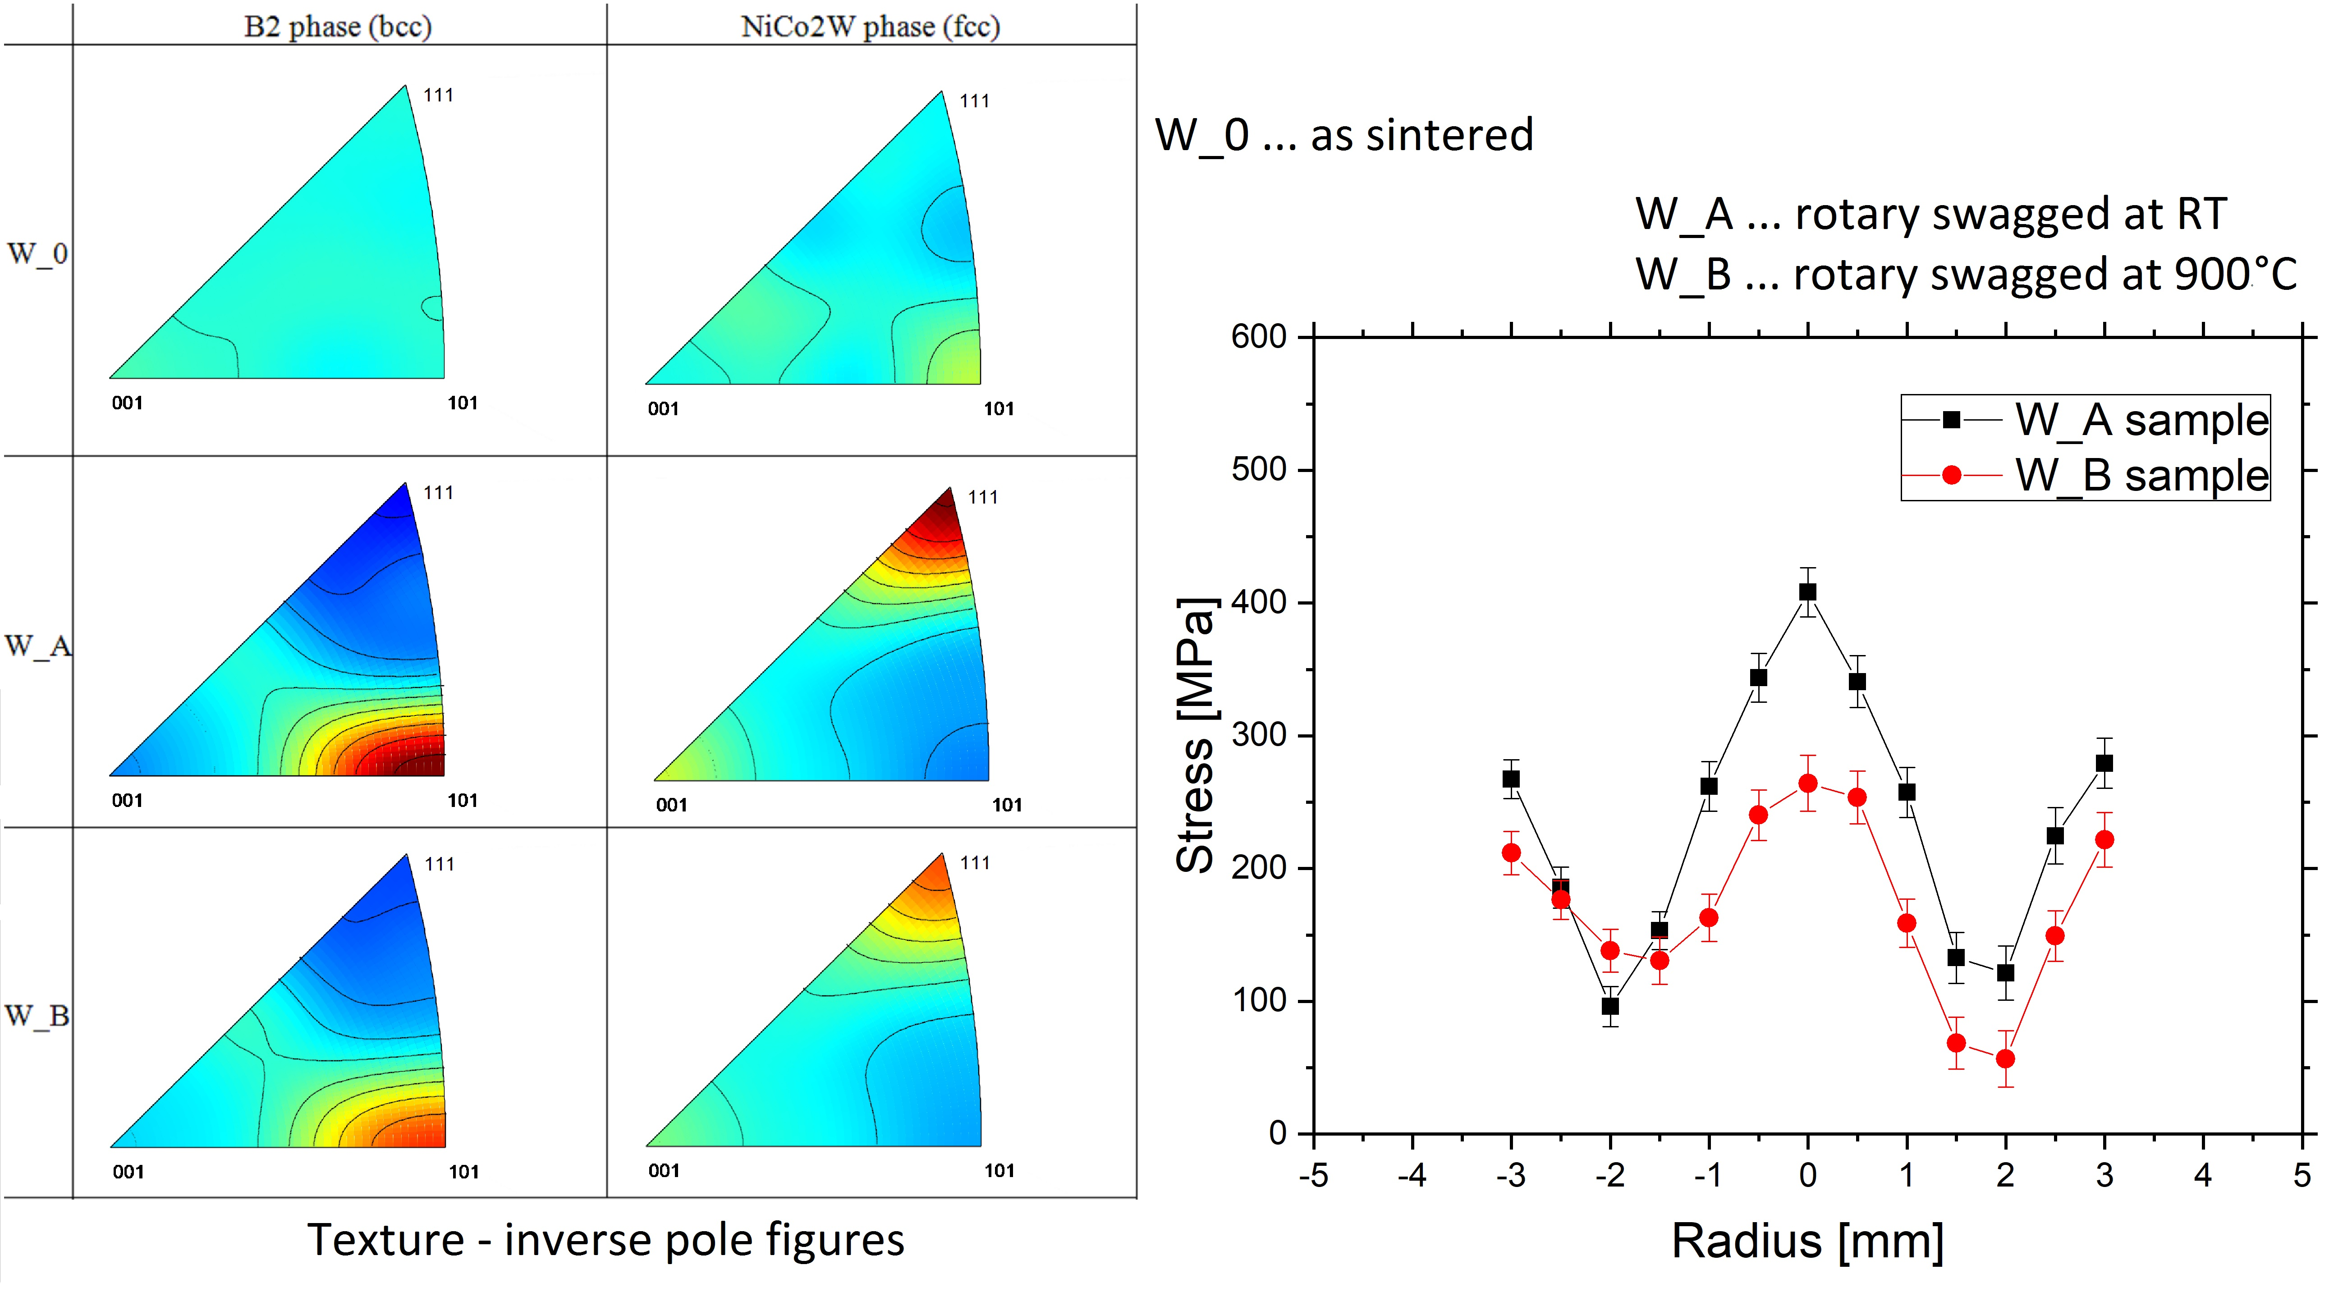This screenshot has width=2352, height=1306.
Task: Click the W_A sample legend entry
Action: [x=2085, y=420]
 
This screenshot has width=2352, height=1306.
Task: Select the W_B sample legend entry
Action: [x=2085, y=475]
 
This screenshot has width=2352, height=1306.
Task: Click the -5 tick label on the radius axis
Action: [x=1313, y=1175]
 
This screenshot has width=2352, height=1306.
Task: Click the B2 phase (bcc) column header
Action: [x=338, y=27]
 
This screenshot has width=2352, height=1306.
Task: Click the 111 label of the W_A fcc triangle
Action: [x=983, y=497]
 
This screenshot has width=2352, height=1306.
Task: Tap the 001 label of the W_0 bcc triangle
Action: [x=127, y=403]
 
